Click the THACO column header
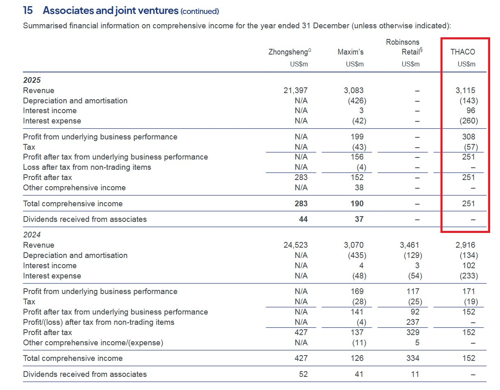click(x=463, y=52)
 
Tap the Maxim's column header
click(x=351, y=52)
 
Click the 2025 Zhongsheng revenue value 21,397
click(x=295, y=91)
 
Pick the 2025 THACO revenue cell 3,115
click(x=466, y=91)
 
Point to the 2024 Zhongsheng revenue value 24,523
click(x=295, y=245)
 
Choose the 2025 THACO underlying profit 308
click(x=468, y=137)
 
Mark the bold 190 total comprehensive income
click(x=357, y=203)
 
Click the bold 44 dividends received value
click(x=303, y=219)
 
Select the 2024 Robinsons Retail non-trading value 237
click(x=413, y=322)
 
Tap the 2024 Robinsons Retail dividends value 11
click(x=415, y=374)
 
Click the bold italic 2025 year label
click(x=32, y=80)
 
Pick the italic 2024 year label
click(x=32, y=235)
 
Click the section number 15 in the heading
click(x=28, y=11)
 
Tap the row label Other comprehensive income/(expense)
click(x=93, y=343)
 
